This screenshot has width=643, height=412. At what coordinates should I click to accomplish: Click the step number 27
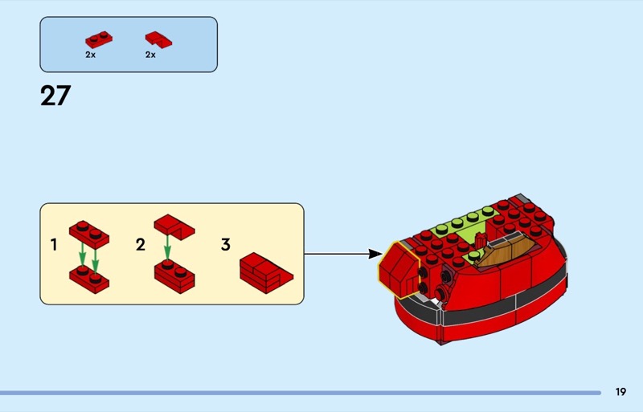55,96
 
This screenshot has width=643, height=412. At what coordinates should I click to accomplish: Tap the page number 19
620,392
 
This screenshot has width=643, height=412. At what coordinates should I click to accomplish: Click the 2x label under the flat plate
90,55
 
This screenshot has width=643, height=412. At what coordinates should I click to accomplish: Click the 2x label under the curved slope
150,55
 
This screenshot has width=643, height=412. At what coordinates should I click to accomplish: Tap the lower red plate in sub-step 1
90,277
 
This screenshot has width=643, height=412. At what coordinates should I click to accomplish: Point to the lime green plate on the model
466,224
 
